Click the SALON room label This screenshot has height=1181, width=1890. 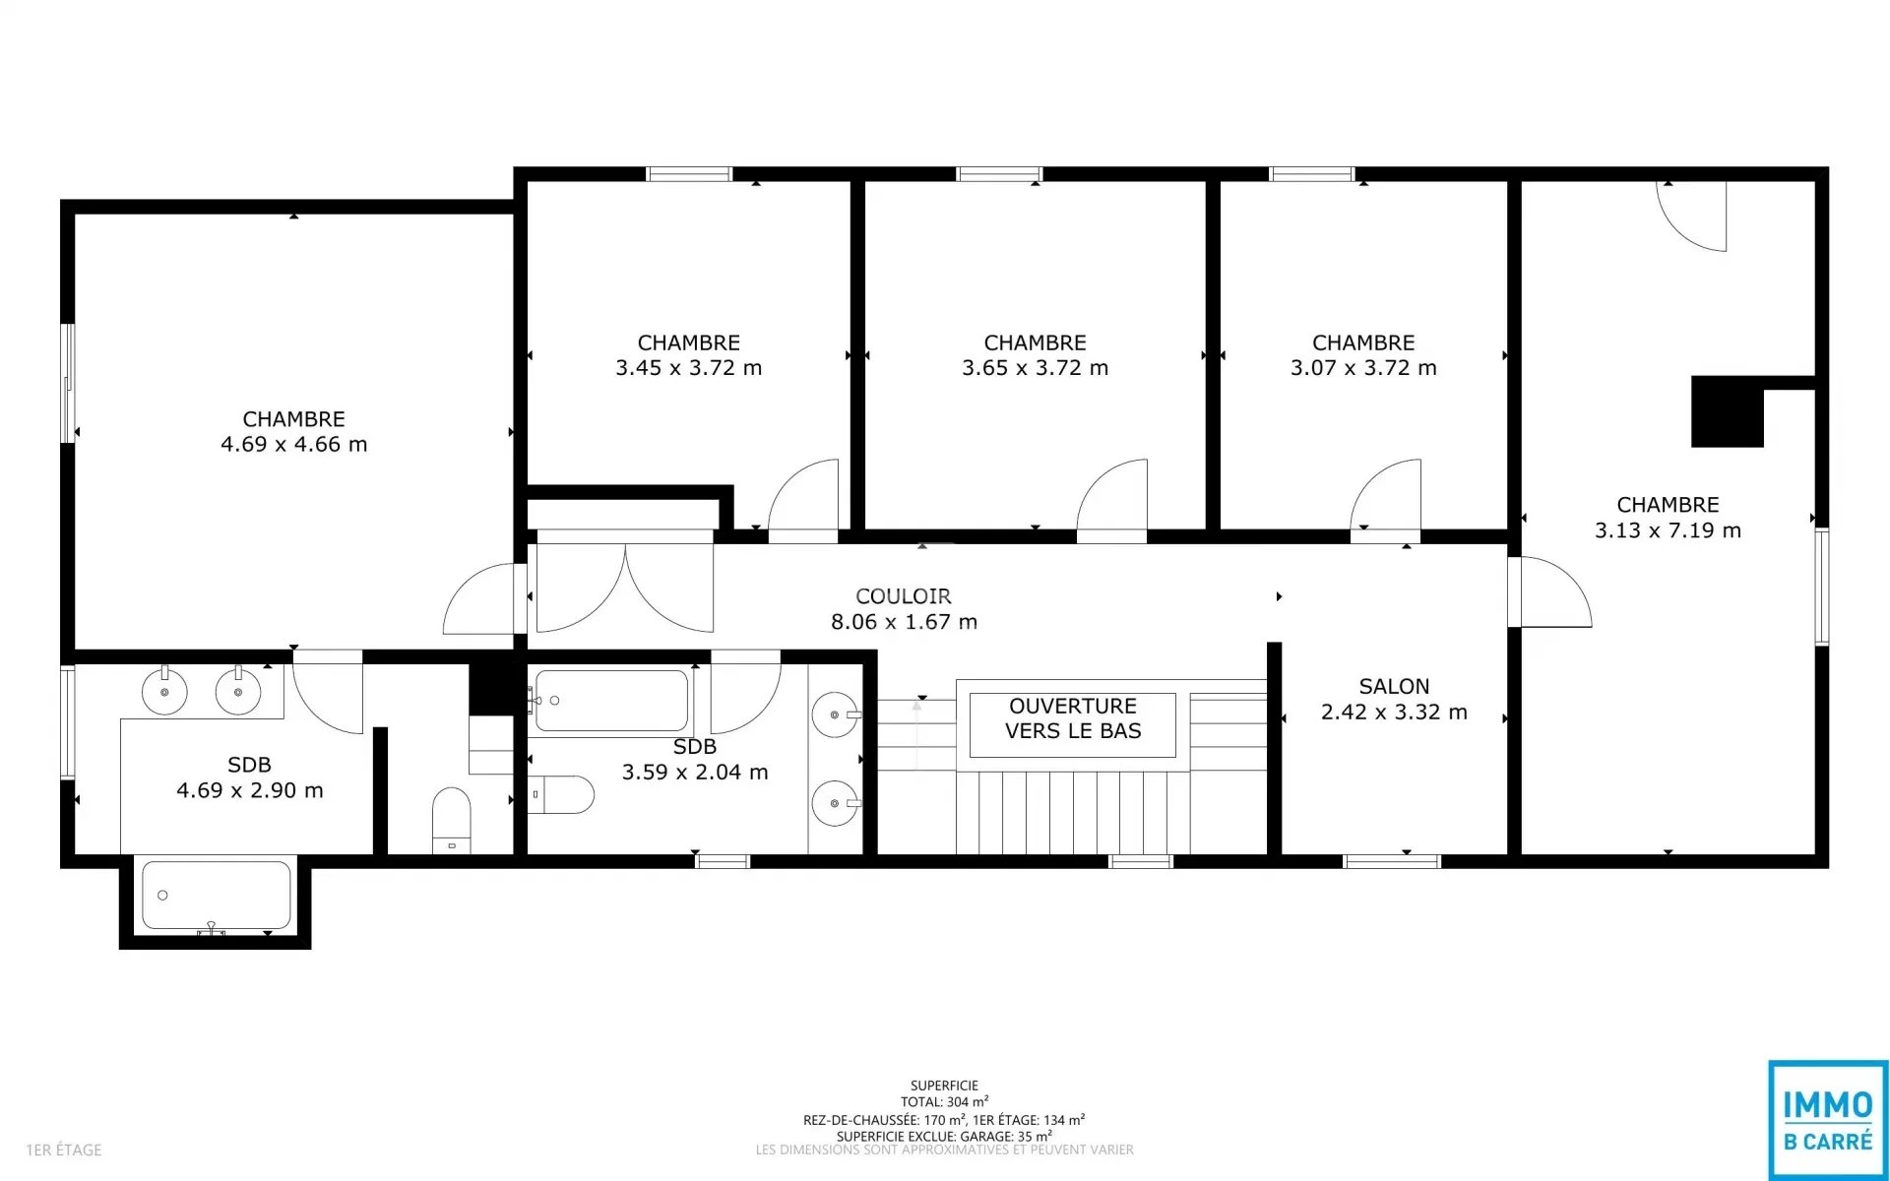tap(1394, 686)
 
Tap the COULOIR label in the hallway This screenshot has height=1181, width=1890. tap(904, 596)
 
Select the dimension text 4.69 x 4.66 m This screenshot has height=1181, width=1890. tap(294, 444)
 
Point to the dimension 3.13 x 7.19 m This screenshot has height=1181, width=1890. tap(1668, 530)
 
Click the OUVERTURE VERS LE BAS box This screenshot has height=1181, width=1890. tap(1073, 725)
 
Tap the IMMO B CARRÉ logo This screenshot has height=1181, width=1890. tap(1828, 1119)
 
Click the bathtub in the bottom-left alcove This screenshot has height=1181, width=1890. tap(217, 896)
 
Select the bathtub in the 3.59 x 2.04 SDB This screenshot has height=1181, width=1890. tap(611, 701)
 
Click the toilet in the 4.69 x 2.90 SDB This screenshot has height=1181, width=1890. tap(452, 820)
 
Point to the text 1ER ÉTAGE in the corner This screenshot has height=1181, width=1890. tap(64, 1150)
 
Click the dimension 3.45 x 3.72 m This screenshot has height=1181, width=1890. tap(689, 368)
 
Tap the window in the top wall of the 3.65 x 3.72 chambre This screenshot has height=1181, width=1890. tap(999, 174)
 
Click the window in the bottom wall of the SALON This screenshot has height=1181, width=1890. tap(1392, 862)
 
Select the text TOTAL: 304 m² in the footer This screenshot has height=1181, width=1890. tap(944, 1102)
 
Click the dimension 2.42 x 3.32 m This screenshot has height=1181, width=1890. tap(1394, 712)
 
